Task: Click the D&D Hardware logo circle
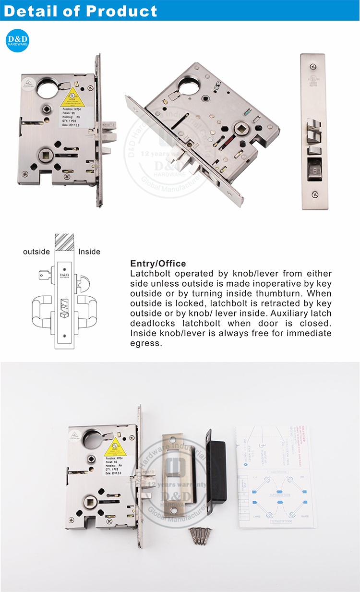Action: [x=17, y=40]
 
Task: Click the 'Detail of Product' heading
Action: [x=81, y=12]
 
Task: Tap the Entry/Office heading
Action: [x=158, y=264]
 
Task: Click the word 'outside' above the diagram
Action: [x=36, y=251]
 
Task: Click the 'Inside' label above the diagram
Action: [x=89, y=251]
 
